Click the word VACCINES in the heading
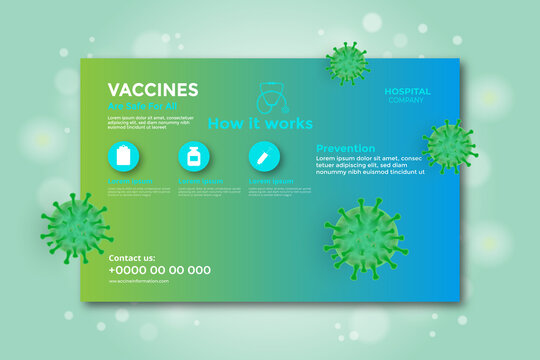pos(153,89)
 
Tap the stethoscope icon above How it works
pos(272,98)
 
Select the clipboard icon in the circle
pos(124,156)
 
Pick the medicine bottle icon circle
pos(194,156)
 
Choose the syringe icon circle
pos(264,156)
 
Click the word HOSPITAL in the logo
pos(407,91)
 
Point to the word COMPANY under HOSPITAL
pos(407,100)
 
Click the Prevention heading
pos(345,148)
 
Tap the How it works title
pos(260,124)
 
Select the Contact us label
pos(132,258)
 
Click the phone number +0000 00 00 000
pos(160,270)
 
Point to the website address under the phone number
pos(139,281)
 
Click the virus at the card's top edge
pos(347,63)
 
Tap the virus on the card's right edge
pos(449,146)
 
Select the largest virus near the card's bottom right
pos(365,237)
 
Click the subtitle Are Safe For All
pos(141,105)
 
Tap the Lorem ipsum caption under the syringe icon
pos(271,181)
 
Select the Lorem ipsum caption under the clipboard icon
pos(130,181)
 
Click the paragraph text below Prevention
pos(370,165)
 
